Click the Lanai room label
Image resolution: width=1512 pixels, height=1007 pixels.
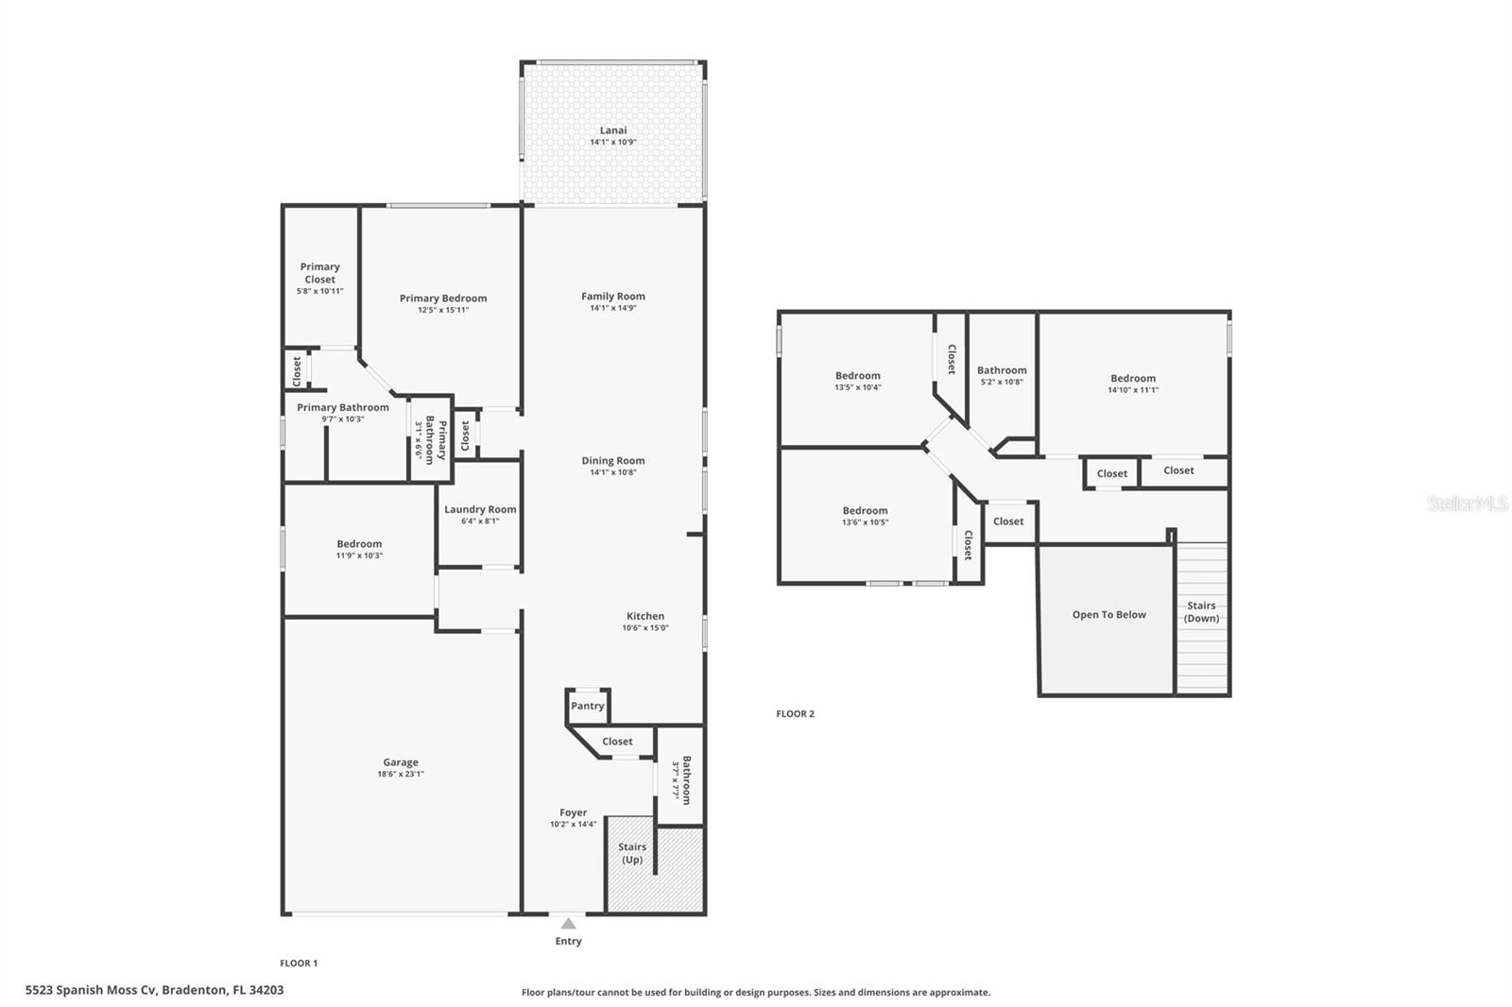click(x=612, y=130)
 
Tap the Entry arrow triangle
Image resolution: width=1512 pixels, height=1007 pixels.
click(x=568, y=924)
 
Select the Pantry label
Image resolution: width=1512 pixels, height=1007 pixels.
click(x=587, y=706)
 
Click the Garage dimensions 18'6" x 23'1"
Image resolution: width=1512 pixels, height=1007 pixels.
click(x=401, y=774)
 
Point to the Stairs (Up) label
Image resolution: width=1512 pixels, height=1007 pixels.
click(x=632, y=853)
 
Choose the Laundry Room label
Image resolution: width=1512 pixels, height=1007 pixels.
click(x=480, y=509)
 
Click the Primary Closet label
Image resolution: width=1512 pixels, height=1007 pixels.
click(x=319, y=273)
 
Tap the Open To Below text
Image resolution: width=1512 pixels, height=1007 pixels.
click(x=1108, y=614)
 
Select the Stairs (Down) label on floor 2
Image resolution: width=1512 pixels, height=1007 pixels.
click(x=1201, y=612)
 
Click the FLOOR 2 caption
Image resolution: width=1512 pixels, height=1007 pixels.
click(x=795, y=713)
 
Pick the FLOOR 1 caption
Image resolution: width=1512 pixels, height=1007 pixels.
click(x=299, y=963)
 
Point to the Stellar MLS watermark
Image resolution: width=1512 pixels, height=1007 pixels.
click(x=1467, y=503)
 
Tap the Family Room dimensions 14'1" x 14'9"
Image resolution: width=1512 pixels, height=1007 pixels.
click(x=612, y=308)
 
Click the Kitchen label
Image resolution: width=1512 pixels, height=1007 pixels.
click(x=645, y=616)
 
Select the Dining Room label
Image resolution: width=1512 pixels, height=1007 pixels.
click(x=612, y=461)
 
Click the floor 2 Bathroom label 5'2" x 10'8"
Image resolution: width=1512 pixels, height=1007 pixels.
click(x=1002, y=370)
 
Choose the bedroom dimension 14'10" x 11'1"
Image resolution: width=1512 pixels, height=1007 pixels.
click(x=1132, y=389)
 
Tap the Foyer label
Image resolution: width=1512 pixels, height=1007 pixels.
click(x=573, y=812)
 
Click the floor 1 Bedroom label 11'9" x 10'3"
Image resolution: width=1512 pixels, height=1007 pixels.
click(x=359, y=544)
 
